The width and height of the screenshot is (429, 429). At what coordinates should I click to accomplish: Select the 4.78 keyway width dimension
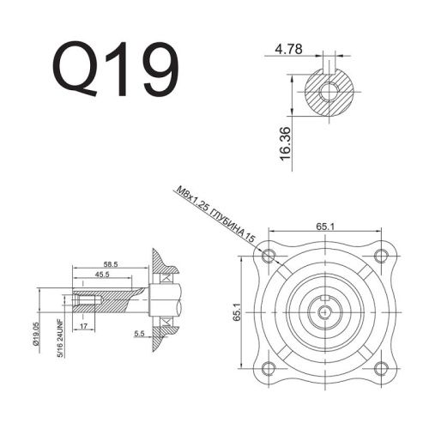click(290, 50)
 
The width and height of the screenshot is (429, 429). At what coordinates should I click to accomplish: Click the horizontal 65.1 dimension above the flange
click(325, 227)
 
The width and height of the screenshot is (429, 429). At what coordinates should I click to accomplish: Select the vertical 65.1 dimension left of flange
click(237, 315)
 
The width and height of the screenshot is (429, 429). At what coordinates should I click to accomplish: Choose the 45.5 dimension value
click(104, 275)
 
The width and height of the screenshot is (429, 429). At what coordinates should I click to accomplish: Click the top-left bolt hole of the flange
click(271, 256)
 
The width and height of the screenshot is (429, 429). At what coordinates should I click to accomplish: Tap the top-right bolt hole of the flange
click(384, 256)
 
